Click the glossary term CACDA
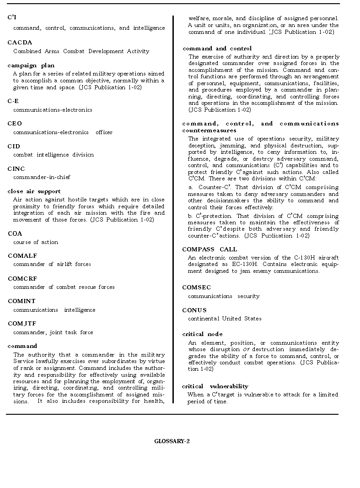20,43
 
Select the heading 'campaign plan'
31,65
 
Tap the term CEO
15,124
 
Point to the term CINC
16,169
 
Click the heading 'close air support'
34,191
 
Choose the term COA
15,233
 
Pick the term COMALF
22,256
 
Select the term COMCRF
22,278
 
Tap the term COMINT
21,301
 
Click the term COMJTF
21,324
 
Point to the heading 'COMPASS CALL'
210,249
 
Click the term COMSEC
196,287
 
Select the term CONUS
194,310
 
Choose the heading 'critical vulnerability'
215,386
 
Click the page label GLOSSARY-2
172,441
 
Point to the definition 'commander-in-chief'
42,177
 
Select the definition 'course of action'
36,242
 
